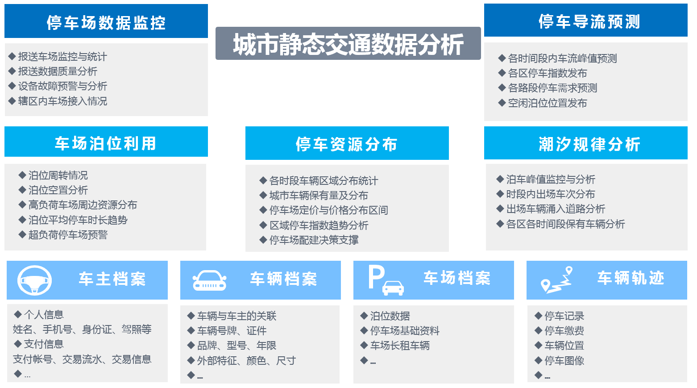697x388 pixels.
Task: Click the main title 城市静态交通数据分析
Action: point(348,44)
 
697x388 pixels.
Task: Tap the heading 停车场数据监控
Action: point(106,22)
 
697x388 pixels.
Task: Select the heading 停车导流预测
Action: point(589,21)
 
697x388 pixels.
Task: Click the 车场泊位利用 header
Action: point(106,143)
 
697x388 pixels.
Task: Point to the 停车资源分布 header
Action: point(347,144)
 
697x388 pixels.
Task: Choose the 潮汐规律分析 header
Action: point(589,144)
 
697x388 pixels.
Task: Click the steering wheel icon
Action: point(34,280)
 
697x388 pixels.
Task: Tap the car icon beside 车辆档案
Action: point(209,280)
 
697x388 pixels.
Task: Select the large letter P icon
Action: point(377,277)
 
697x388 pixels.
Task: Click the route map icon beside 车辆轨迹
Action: point(557,280)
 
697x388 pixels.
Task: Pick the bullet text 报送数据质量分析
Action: point(58,71)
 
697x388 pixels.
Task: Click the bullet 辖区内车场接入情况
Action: point(62,101)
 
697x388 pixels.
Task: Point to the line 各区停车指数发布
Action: point(548,73)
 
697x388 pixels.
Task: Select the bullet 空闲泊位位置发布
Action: point(548,103)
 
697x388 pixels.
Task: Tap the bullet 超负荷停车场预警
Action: point(68,234)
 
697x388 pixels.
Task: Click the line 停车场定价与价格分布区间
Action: point(328,210)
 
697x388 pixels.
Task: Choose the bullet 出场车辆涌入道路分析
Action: point(556,209)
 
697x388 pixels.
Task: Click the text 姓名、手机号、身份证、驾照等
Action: point(82,329)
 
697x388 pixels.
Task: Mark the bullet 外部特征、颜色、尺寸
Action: point(246,361)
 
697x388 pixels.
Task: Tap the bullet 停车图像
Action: point(564,361)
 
